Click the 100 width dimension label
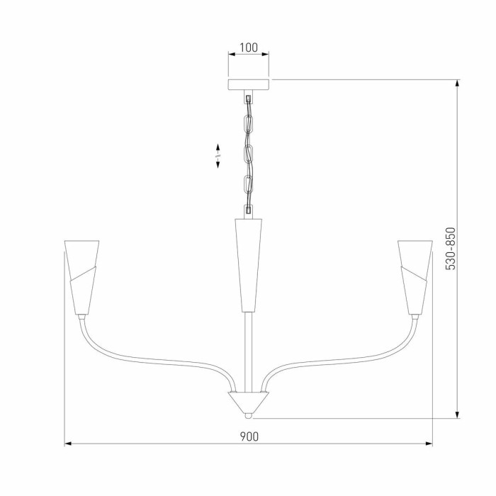(x=248, y=48)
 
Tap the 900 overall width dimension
(x=248, y=436)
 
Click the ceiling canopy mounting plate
(x=248, y=84)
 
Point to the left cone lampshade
(x=81, y=276)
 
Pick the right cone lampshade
(x=415, y=276)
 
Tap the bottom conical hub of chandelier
(x=248, y=402)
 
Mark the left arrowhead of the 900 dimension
(x=68, y=444)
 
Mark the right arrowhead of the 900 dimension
(x=429, y=444)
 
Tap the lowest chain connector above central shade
(x=248, y=210)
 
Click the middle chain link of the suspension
(x=249, y=152)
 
